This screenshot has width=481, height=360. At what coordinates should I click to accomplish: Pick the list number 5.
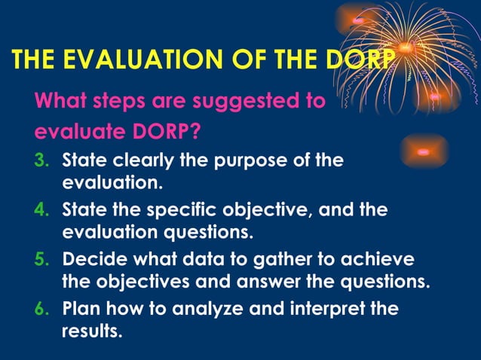(41, 260)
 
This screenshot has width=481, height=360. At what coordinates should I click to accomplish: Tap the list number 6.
(41, 308)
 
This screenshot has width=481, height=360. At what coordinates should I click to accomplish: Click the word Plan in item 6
(79, 309)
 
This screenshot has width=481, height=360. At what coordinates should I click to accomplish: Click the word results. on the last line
(90, 330)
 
